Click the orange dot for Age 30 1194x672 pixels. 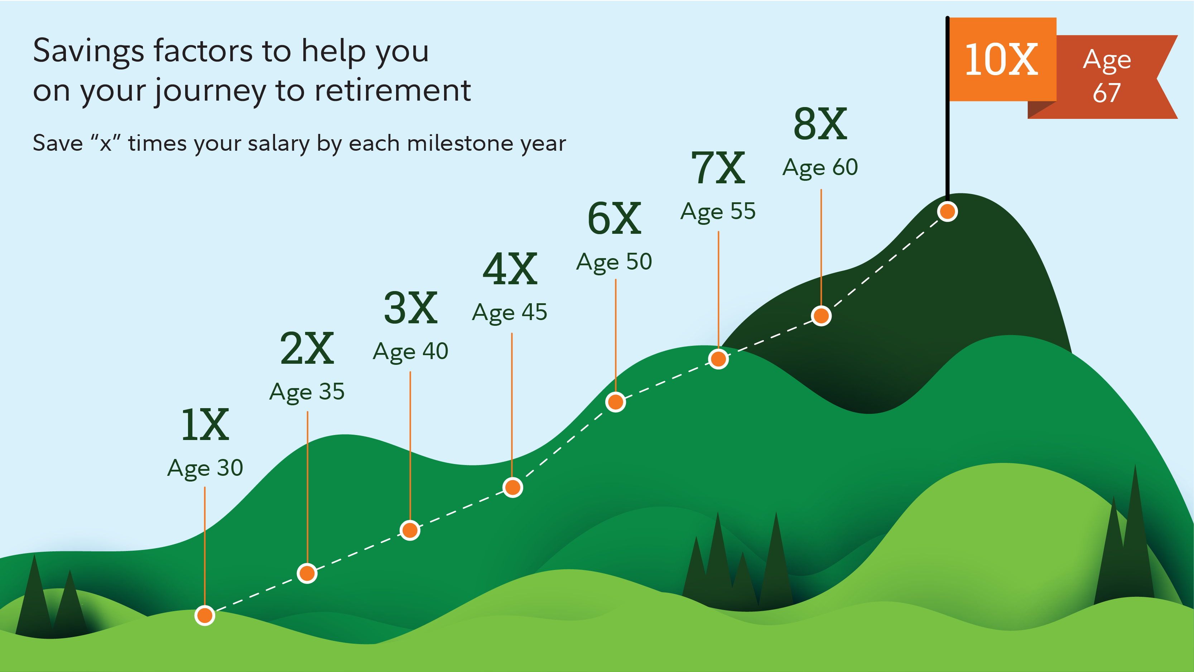coord(204,615)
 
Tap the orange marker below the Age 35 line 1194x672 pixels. coord(307,573)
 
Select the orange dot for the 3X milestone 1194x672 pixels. coord(410,530)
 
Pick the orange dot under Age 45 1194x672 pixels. coord(512,487)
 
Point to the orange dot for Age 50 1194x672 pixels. coord(616,401)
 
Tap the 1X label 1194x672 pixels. coord(204,425)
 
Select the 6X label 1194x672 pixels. coord(614,219)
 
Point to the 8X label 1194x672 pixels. coord(820,124)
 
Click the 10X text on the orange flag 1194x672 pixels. coord(1001,59)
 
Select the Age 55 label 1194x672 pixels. coord(718,211)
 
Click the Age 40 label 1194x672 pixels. coord(410,351)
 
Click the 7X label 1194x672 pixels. coord(718,168)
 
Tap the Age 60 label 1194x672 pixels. coord(820,167)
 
